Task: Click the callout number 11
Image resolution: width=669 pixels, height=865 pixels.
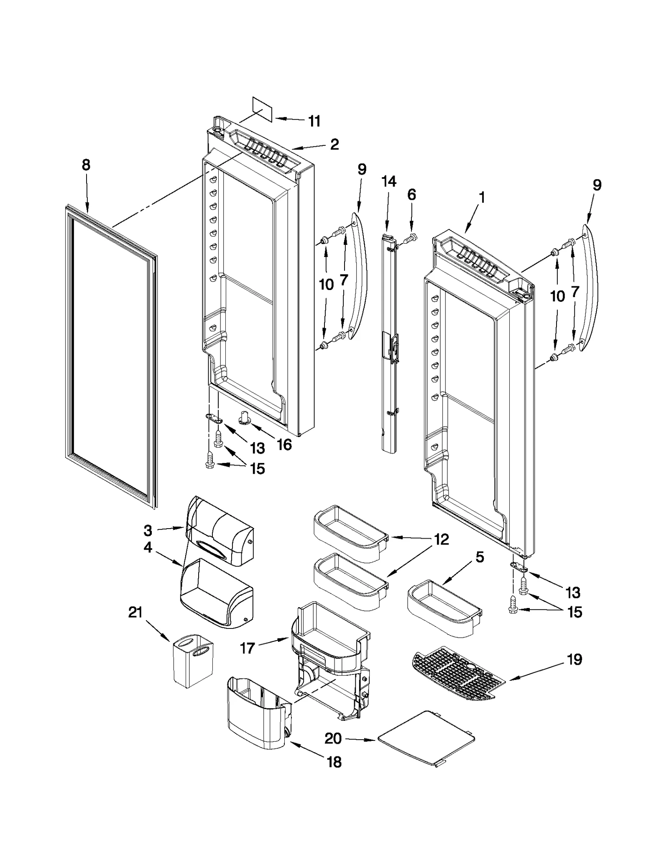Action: point(314,121)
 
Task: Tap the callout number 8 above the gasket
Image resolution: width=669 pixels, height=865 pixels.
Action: point(86,165)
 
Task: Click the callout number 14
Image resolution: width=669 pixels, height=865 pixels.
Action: point(388,181)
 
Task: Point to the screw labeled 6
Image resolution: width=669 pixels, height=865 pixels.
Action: point(411,238)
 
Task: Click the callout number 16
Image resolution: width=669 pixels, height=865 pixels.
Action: point(284,444)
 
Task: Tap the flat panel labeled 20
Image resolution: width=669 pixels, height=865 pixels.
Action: point(426,738)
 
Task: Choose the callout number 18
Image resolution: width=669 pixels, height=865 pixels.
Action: point(334,762)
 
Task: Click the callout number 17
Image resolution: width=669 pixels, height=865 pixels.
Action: point(247,648)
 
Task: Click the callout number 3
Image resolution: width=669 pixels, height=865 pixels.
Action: point(148,531)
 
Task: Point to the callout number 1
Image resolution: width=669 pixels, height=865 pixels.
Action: point(482,197)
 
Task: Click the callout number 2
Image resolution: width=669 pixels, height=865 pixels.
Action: point(334,145)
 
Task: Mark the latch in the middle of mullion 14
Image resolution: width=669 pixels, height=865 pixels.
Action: point(393,344)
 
